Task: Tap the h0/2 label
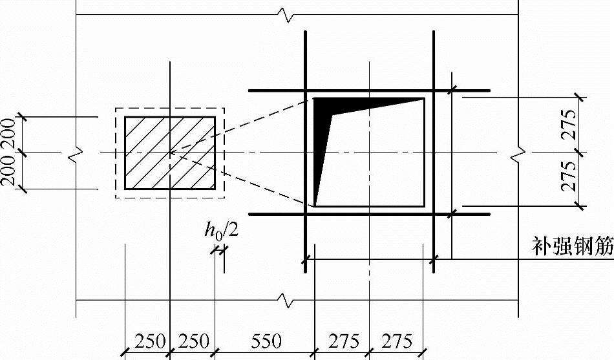point(221,229)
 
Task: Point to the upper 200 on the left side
point(8,133)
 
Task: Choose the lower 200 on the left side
point(8,169)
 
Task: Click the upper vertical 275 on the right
point(569,125)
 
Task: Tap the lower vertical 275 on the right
point(569,176)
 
